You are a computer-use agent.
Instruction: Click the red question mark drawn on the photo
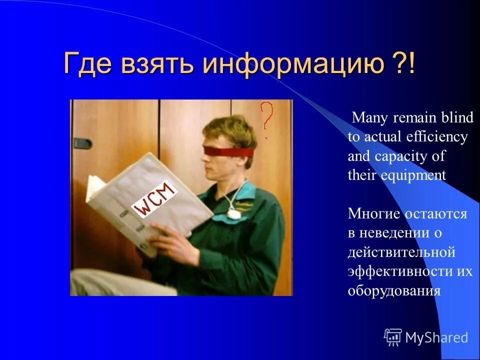tap(267, 117)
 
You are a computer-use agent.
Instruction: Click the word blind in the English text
tap(456, 118)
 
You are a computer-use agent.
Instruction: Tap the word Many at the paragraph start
tap(370, 118)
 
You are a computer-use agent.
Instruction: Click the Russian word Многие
tap(374, 214)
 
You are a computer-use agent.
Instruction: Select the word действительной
tap(401, 252)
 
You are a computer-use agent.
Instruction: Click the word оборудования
tap(394, 290)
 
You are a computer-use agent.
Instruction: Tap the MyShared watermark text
tap(436, 337)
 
